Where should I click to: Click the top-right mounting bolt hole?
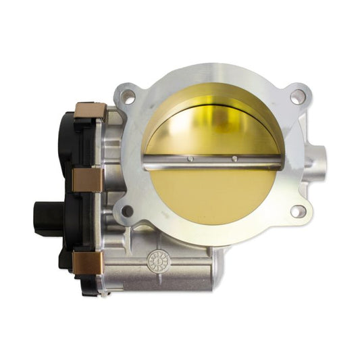(297, 97)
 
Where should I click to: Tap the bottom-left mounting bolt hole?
(126, 212)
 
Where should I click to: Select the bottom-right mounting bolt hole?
(297, 211)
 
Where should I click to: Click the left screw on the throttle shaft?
(190, 159)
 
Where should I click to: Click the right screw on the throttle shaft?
(234, 159)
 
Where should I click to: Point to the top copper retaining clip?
(89, 110)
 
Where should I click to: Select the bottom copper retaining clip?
(89, 263)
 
